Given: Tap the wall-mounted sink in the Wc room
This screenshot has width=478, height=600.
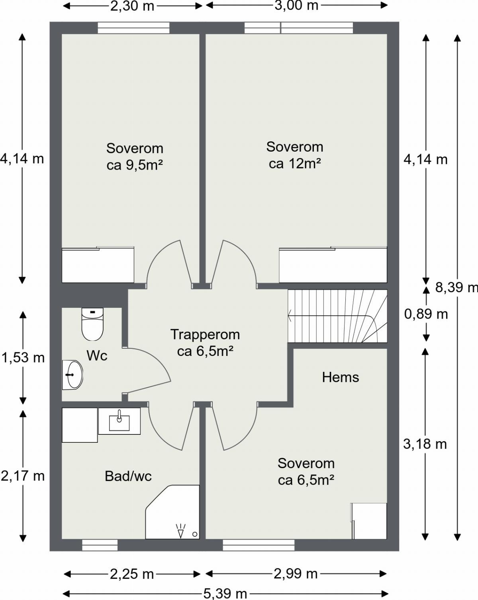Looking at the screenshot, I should [x=72, y=375].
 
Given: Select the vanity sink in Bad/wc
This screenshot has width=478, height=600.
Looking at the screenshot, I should [x=119, y=421].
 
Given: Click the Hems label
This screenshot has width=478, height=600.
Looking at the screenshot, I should [x=340, y=377].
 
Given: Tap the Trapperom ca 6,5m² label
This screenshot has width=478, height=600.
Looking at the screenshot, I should [x=205, y=342].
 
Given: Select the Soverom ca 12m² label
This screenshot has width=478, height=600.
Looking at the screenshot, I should [x=294, y=155].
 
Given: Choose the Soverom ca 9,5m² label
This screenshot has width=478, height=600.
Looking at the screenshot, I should [x=135, y=156].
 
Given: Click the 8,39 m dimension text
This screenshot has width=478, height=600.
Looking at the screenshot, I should [x=456, y=287].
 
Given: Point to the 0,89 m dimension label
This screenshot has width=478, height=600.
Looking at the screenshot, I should [x=426, y=314].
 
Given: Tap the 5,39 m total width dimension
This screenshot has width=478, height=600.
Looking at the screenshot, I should [x=225, y=594].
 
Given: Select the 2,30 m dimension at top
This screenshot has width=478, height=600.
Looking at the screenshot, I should [x=132, y=6].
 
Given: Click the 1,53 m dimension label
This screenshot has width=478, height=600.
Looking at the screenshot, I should [x=23, y=358].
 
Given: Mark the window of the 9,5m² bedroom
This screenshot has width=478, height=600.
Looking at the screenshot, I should [x=133, y=28].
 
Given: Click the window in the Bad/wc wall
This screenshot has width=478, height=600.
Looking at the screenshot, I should [x=100, y=545].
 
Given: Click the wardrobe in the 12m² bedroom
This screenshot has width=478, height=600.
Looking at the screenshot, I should [x=333, y=265].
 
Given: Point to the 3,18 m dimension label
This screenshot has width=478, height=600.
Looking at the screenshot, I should [x=425, y=444].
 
